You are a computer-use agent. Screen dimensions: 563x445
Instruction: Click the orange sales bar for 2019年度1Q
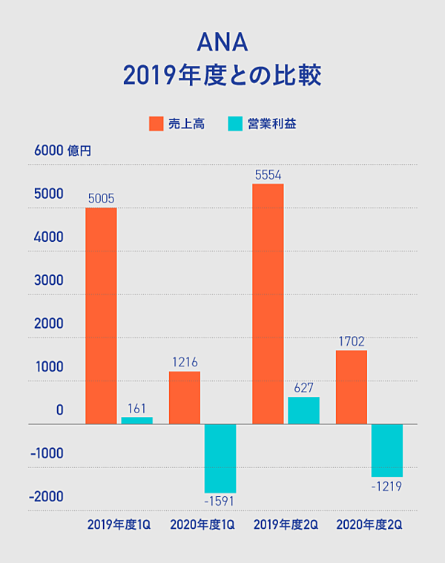(101, 315)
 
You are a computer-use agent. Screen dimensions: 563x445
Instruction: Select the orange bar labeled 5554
(268, 304)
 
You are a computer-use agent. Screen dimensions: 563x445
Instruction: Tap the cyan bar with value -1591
(220, 458)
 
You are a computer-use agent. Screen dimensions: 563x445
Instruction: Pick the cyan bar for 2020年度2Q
(387, 450)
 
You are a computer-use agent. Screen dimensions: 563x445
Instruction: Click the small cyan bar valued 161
(136, 421)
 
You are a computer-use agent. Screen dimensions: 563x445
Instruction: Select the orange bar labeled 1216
(185, 398)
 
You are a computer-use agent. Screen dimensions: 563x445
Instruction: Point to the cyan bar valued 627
(303, 410)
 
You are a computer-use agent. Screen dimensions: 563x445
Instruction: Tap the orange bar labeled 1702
(352, 387)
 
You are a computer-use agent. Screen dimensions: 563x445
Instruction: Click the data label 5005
(101, 198)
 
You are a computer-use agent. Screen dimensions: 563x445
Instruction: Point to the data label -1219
(387, 487)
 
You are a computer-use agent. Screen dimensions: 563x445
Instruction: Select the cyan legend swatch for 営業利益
(236, 124)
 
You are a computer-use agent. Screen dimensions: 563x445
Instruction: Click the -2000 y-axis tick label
(46, 496)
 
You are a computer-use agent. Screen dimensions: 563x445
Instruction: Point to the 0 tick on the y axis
(59, 410)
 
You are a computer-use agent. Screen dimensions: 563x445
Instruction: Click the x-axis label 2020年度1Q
(202, 524)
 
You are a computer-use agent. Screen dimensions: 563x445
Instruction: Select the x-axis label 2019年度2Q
(286, 524)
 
